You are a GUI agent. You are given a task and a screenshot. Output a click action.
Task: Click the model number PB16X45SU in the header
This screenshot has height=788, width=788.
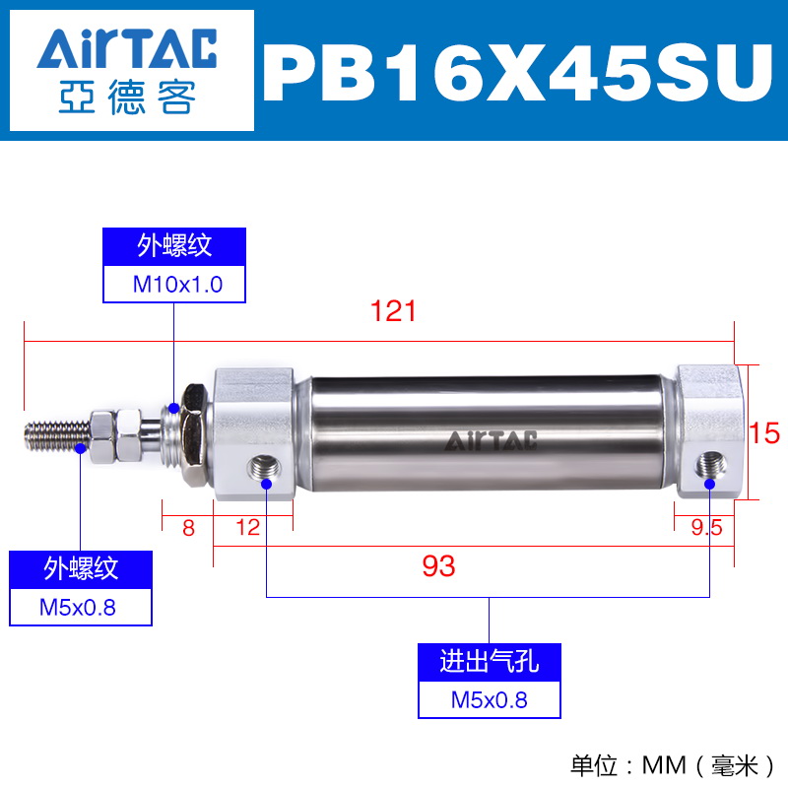coord(518,72)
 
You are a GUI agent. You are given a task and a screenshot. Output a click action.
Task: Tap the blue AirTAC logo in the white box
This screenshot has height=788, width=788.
coord(127,48)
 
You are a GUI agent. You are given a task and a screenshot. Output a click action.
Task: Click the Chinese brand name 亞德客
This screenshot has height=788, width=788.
coord(127,97)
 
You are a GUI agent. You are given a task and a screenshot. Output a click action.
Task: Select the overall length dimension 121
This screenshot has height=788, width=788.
coord(393,311)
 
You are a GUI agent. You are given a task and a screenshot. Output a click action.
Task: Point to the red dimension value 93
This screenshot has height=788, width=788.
coord(438,565)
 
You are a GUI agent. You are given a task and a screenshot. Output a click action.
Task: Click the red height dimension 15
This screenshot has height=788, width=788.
coord(764,432)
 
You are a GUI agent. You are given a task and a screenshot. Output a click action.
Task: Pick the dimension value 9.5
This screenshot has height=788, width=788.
coord(706,527)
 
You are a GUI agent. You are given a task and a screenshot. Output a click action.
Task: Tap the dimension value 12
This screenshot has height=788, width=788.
coord(248,528)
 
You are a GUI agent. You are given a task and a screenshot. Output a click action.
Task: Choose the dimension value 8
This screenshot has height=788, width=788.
coord(188,528)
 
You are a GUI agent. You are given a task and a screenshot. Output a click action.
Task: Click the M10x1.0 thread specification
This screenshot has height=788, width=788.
coord(177,285)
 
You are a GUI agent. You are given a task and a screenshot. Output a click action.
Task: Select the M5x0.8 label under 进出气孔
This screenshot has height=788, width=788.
coord(489,700)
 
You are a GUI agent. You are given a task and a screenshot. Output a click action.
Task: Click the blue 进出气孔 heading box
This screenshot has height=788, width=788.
coord(489,662)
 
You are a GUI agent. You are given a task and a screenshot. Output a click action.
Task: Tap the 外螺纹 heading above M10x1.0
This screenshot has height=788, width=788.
coord(174,246)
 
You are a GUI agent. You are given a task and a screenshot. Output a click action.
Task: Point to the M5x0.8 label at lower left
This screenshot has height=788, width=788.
coord(78,608)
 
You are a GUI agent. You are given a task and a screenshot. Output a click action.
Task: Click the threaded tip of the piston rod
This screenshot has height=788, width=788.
coord(57,436)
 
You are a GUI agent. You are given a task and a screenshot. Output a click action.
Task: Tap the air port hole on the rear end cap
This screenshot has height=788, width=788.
coord(710,466)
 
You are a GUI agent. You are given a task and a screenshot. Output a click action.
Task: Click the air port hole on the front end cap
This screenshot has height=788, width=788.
coord(265,469)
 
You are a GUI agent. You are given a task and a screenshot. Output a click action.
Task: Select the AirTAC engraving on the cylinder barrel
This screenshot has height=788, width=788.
coord(491,440)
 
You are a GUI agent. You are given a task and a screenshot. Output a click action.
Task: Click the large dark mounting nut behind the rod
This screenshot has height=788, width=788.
coord(194,434)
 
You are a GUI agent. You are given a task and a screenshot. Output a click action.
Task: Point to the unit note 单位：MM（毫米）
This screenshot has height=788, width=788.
coord(672,765)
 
